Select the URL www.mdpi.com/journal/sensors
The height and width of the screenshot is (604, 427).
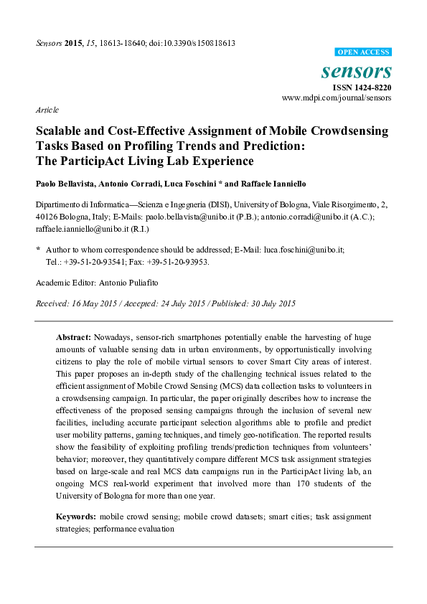[337, 97]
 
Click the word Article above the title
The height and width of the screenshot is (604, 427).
[47, 110]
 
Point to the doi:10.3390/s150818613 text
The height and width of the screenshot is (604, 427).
[189, 43]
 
